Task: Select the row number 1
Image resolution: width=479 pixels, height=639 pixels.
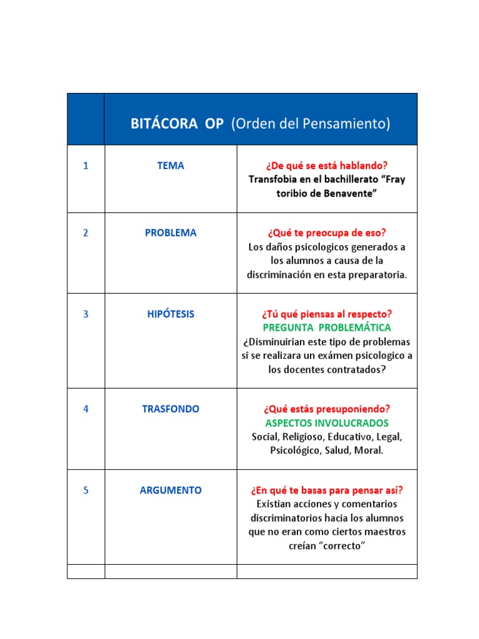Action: [85, 166]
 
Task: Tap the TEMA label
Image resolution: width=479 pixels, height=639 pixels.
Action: [170, 166]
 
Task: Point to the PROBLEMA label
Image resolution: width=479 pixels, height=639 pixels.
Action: [170, 233]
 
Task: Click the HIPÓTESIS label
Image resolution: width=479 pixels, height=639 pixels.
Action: [170, 315]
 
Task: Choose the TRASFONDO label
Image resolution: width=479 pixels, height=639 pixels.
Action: [170, 409]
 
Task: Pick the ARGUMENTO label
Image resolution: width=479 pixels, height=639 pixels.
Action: [170, 490]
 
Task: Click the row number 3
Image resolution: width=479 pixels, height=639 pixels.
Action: [85, 315]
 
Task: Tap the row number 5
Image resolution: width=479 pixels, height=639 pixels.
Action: [85, 490]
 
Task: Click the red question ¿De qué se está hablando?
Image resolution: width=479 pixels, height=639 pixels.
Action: [327, 166]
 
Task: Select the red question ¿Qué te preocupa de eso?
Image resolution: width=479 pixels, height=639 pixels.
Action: [327, 233]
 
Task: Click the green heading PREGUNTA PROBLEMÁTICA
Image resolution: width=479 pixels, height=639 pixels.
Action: [327, 328]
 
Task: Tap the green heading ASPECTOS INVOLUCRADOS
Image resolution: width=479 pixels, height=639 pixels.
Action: [327, 423]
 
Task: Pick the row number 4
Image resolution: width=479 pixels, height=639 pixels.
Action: [85, 409]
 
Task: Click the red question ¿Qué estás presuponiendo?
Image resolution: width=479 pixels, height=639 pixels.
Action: [327, 409]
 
